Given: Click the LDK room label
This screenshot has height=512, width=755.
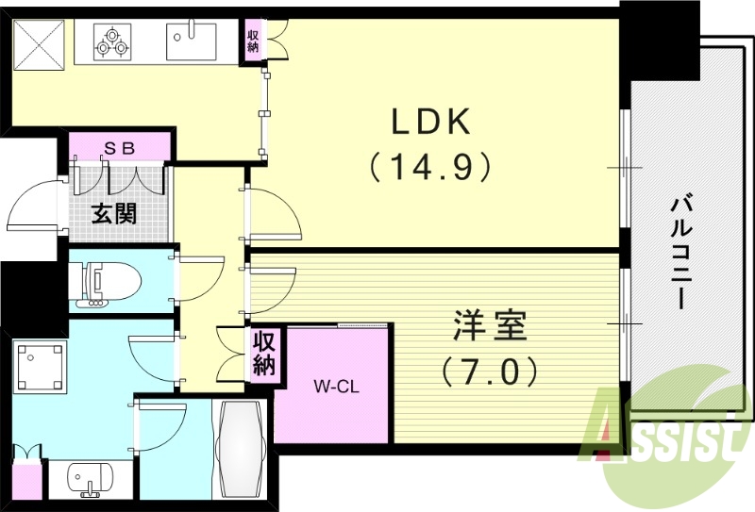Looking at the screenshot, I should pyautogui.click(x=430, y=123).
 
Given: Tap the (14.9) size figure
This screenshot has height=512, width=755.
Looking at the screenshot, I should pyautogui.click(x=430, y=167).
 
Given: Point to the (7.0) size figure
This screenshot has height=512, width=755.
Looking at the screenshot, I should pyautogui.click(x=489, y=371).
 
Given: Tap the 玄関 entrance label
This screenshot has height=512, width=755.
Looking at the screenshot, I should pyautogui.click(x=113, y=213).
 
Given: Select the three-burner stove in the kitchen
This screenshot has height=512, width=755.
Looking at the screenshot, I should pyautogui.click(x=115, y=41).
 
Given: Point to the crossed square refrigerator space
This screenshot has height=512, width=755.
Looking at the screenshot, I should pyautogui.click(x=39, y=43).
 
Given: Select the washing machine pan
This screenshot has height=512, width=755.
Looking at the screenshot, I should pyautogui.click(x=40, y=365).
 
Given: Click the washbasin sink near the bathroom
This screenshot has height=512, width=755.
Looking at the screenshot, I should pyautogui.click(x=91, y=480).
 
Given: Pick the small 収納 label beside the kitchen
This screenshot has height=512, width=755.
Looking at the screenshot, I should pyautogui.click(x=253, y=41).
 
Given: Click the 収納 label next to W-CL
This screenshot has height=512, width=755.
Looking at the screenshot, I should pyautogui.click(x=262, y=353).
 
